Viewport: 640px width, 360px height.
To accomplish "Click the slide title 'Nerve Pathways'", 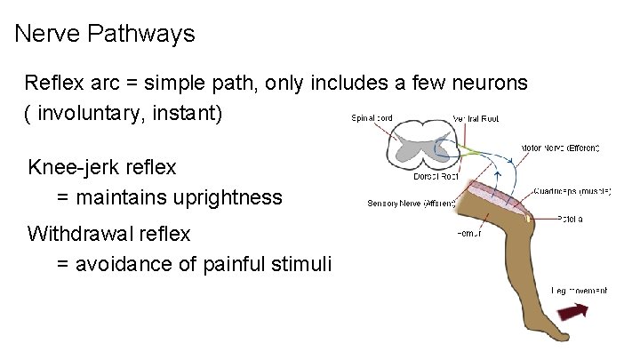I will pos(106,35).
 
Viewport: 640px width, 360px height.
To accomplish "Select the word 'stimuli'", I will pos(300,264).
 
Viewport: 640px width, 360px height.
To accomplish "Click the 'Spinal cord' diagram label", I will pos(372,117).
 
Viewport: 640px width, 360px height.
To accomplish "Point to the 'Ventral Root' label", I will pos(476,118).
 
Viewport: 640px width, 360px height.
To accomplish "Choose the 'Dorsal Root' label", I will pos(436,175).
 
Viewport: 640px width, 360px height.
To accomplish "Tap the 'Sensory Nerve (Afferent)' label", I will pos(411,204).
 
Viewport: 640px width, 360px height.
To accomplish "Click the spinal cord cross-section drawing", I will pos(422,143).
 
